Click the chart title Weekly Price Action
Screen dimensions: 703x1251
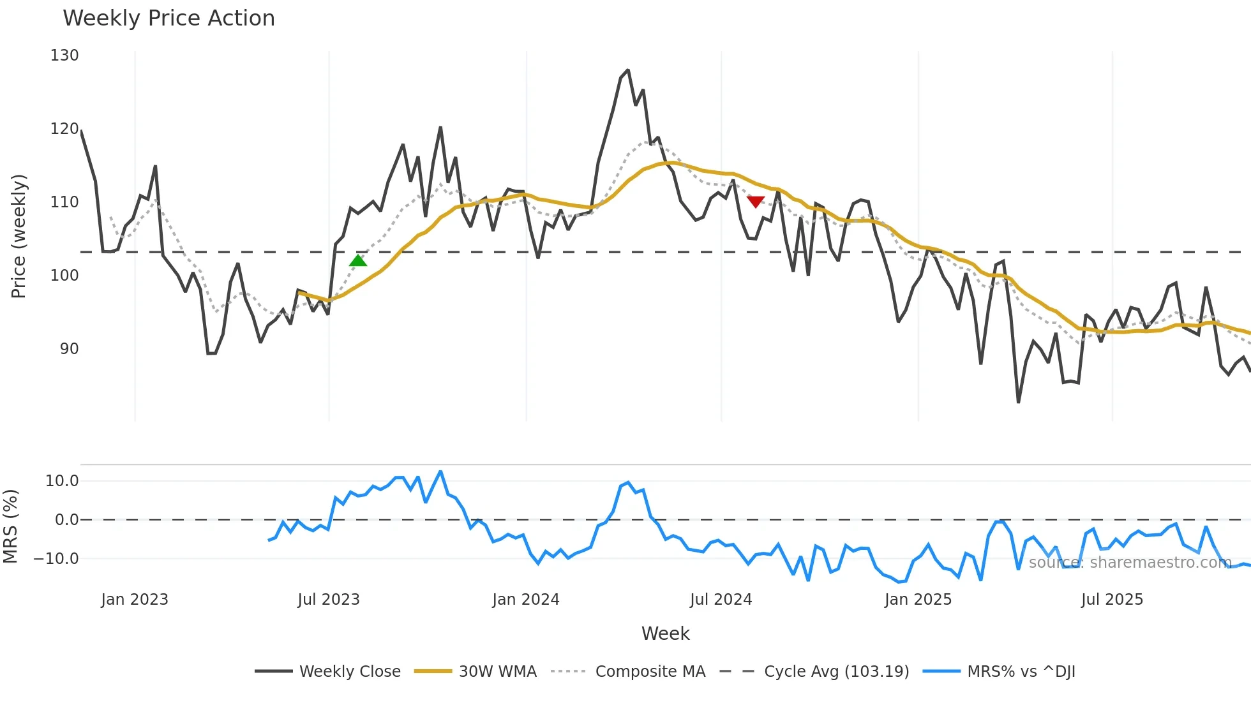click(x=169, y=18)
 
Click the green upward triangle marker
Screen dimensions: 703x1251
click(x=358, y=260)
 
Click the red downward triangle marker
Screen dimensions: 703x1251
click(x=756, y=202)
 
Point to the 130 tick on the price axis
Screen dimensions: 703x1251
click(x=64, y=56)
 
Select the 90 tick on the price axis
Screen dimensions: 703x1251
click(x=69, y=349)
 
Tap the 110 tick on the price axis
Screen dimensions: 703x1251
click(x=64, y=202)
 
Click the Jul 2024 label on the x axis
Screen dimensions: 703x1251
click(x=721, y=600)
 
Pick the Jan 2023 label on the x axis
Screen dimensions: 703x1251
click(x=135, y=600)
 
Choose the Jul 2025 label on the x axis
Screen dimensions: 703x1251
click(x=1112, y=600)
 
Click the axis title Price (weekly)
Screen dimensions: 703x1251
click(x=19, y=236)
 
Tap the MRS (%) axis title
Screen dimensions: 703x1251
click(x=11, y=526)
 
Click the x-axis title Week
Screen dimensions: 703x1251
click(x=665, y=633)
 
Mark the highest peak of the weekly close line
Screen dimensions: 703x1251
click(x=627, y=70)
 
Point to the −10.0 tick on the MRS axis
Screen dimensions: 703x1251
click(x=56, y=559)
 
